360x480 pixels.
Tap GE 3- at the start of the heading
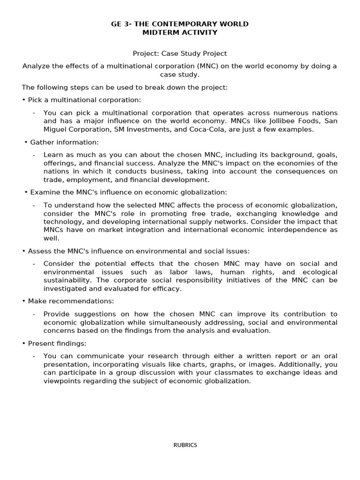coord(121,24)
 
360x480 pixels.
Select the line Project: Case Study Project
coord(180,53)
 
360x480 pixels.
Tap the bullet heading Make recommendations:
coord(71,301)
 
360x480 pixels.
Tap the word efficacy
coord(168,289)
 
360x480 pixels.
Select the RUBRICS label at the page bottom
coord(185,445)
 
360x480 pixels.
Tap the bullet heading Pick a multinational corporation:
coord(84,100)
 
